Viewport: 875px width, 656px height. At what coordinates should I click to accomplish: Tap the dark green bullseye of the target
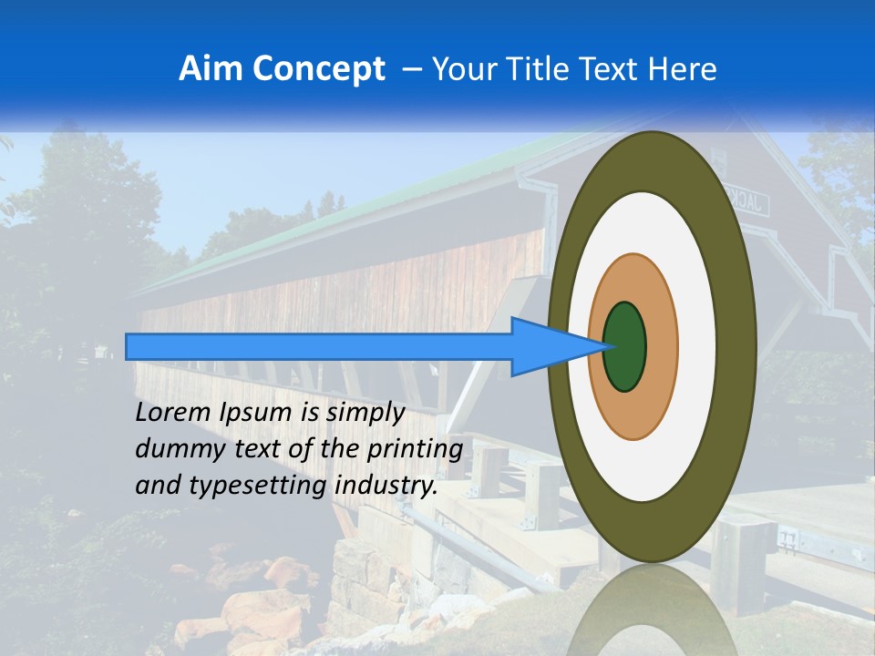point(624,346)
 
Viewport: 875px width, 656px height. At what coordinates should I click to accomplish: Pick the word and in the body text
point(157,487)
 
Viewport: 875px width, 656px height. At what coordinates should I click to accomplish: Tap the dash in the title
point(410,69)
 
